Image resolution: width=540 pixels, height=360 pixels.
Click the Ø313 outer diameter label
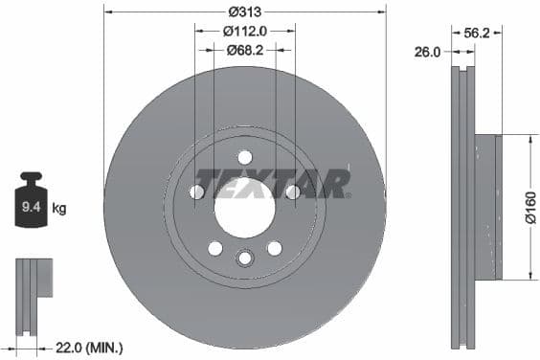(244, 12)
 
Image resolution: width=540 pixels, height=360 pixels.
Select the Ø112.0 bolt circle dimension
(244, 31)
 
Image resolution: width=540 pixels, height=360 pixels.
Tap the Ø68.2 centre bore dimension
(245, 49)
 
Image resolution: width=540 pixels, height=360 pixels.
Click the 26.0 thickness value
(427, 53)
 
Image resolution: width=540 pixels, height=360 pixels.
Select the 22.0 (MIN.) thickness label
(88, 348)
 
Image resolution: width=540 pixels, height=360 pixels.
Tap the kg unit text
(59, 208)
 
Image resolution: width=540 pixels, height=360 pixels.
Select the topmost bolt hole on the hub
(244, 157)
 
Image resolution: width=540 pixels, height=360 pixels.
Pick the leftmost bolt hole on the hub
(197, 192)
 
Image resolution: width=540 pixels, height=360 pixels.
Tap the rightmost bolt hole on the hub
(292, 192)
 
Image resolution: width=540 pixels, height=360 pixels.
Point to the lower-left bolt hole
(215, 248)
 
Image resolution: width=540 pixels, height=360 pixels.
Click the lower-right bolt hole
(274, 248)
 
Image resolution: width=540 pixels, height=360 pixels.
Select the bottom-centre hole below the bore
(244, 258)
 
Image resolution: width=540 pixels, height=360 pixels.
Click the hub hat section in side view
(486, 207)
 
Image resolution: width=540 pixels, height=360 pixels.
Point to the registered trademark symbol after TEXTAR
(348, 195)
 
